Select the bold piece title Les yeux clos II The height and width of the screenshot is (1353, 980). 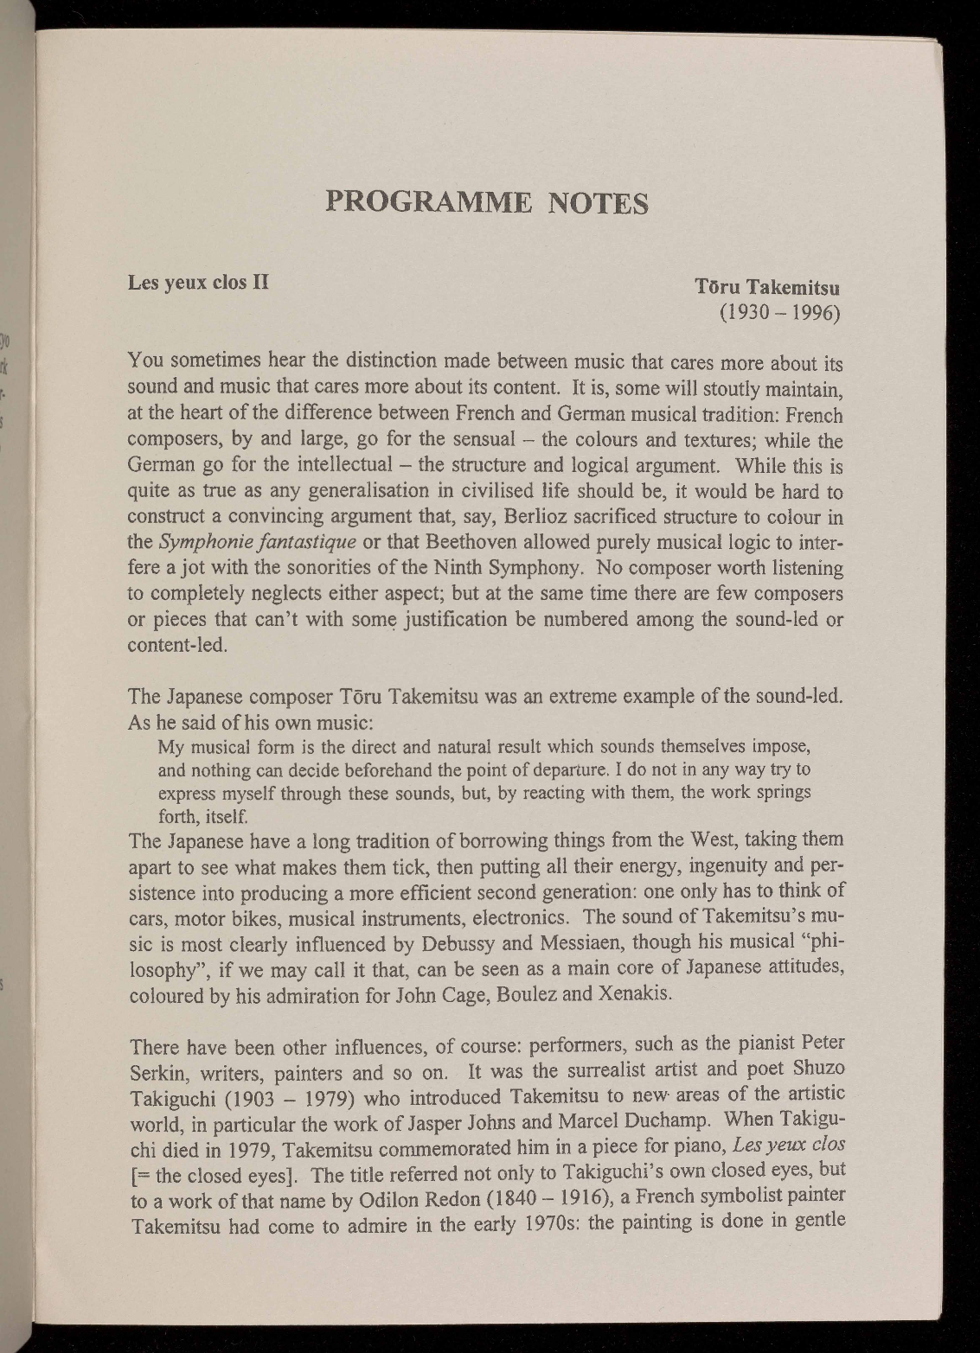click(198, 282)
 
